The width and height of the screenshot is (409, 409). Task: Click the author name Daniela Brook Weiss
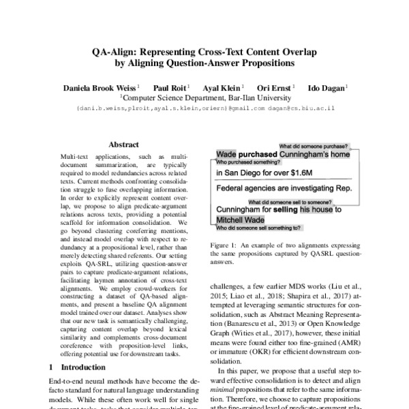pyautogui.click(x=101, y=88)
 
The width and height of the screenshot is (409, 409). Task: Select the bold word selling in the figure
pyautogui.click(x=280, y=211)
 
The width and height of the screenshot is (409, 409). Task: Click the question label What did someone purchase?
pyautogui.click(x=314, y=147)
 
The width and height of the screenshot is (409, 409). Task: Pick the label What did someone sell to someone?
pyautogui.click(x=289, y=202)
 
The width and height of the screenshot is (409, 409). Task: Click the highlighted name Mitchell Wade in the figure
pyautogui.click(x=239, y=221)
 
